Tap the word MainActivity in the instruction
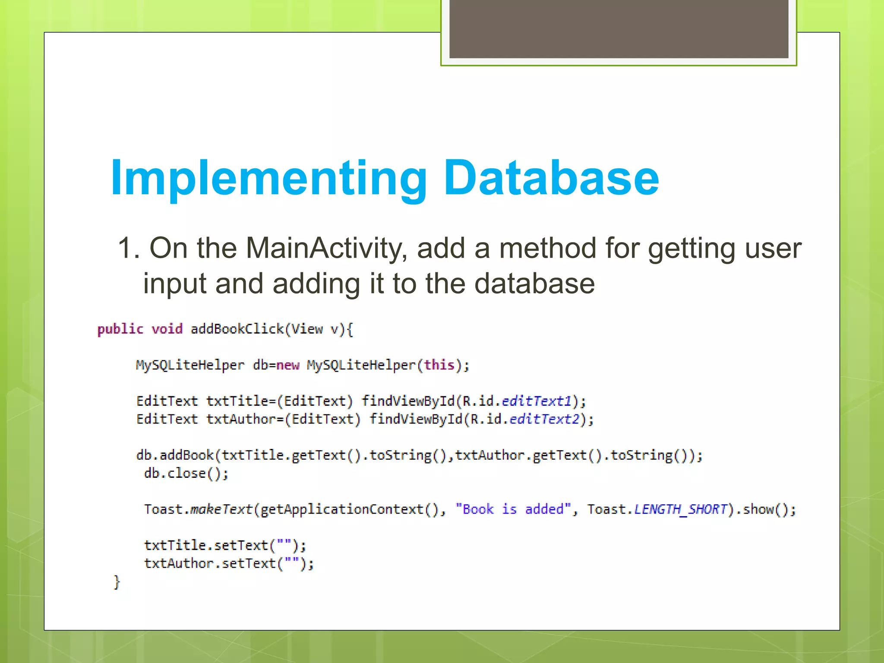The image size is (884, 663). point(326,249)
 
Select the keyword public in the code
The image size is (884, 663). point(120,329)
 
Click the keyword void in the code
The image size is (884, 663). point(167,329)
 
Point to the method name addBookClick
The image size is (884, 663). point(237,329)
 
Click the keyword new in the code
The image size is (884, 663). point(287,366)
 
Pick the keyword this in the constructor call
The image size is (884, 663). point(439,365)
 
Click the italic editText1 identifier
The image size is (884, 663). point(537,401)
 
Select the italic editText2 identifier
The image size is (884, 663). point(544,420)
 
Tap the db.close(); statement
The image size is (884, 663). point(186,474)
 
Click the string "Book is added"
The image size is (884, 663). point(513,510)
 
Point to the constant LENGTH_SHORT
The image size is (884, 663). point(681,510)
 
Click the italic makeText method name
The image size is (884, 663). point(221,510)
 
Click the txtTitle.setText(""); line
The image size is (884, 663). point(225,546)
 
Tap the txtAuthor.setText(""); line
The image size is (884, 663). point(229,564)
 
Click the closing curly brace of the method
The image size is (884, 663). point(117,582)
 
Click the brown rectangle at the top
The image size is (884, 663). point(619,28)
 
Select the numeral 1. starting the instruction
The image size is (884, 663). point(129,249)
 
